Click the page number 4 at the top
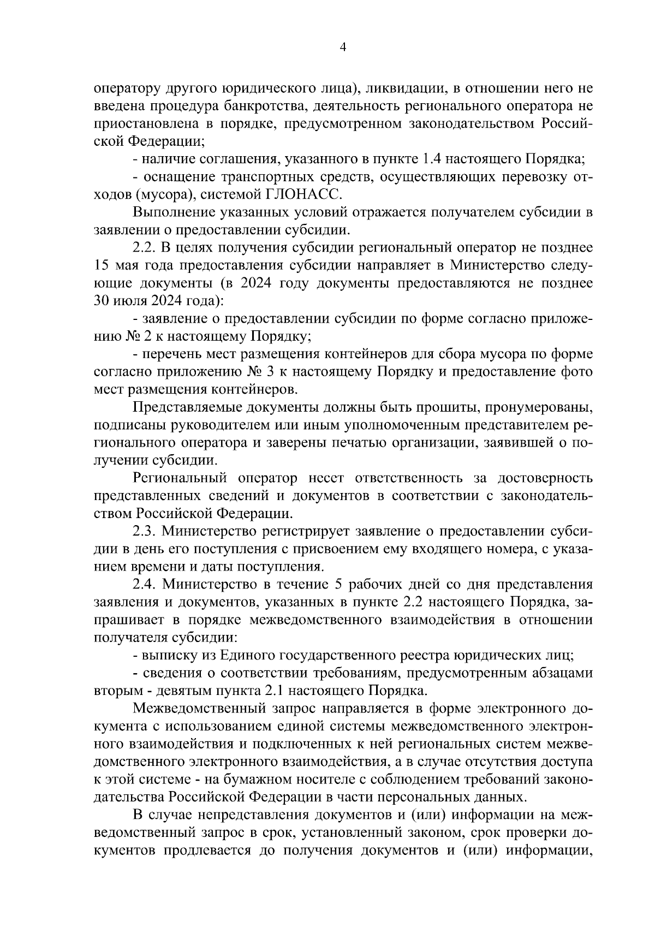pyautogui.click(x=342, y=47)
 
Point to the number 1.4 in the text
pyautogui.click(x=434, y=159)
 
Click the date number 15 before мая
pyautogui.click(x=102, y=266)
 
